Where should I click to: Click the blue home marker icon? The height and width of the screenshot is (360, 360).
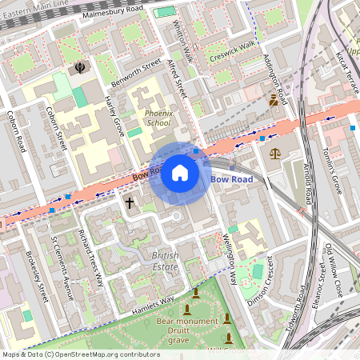click(x=180, y=173)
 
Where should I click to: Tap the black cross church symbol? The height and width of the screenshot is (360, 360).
click(x=130, y=203)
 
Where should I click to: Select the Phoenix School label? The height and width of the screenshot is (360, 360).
click(x=158, y=118)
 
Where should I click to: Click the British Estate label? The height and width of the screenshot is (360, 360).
click(x=165, y=260)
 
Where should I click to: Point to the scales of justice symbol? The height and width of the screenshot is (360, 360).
click(x=275, y=152)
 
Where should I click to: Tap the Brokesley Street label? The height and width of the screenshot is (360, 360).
click(x=38, y=276)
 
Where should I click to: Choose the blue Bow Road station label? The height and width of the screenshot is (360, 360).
click(x=232, y=179)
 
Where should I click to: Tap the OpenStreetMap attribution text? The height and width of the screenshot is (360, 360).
click(x=80, y=354)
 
